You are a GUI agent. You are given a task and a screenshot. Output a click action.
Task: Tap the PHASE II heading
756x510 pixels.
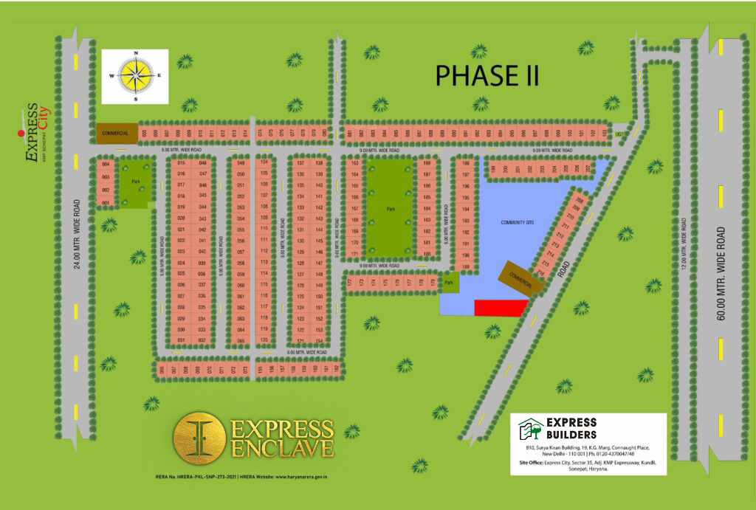point(487,75)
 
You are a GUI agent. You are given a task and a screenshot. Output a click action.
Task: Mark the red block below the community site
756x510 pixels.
point(501,308)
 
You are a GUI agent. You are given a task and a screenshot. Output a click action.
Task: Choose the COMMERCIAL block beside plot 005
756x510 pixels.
point(117,133)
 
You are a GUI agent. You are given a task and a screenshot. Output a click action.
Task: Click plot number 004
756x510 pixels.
point(106,164)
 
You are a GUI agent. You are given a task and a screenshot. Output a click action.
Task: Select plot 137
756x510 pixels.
point(300,163)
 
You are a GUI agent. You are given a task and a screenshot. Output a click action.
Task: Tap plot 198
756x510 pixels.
point(465,163)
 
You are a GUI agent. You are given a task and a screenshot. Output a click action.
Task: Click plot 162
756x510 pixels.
point(337,368)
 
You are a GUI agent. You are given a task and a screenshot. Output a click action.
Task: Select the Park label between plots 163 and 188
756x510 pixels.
point(390,209)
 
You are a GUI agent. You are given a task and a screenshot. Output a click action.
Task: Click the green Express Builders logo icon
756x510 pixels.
point(529,429)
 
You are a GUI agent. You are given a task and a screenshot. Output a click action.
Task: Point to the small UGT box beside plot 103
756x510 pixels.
point(619,134)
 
